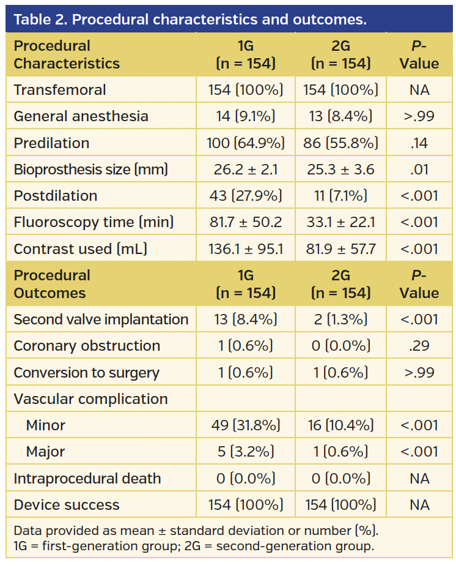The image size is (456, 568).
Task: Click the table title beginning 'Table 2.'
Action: pyautogui.click(x=190, y=19)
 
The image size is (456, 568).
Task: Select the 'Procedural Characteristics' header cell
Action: pyautogui.click(x=67, y=54)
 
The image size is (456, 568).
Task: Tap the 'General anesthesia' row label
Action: pyautogui.click(x=81, y=116)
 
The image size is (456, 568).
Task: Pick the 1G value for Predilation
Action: pyautogui.click(x=246, y=143)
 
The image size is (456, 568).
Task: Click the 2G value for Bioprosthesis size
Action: pyautogui.click(x=340, y=170)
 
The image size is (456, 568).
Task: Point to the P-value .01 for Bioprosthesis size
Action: pyautogui.click(x=419, y=170)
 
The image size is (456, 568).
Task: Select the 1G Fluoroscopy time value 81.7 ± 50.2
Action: pyautogui.click(x=246, y=222)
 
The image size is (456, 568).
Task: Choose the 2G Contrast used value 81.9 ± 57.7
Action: pyautogui.click(x=340, y=249)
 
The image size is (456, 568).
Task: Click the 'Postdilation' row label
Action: pyautogui.click(x=56, y=196)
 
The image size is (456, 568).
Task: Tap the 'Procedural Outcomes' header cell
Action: pyautogui.click(x=52, y=284)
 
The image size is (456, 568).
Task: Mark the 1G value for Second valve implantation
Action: pyautogui.click(x=246, y=319)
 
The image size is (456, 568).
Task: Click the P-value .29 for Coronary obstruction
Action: pyautogui.click(x=419, y=346)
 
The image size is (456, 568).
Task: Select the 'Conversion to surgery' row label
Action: pyautogui.click(x=86, y=373)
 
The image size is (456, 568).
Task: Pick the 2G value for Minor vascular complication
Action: pyautogui.click(x=340, y=425)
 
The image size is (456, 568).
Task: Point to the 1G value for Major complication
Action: pyautogui.click(x=246, y=452)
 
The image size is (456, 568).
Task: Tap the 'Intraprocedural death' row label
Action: pyautogui.click(x=87, y=479)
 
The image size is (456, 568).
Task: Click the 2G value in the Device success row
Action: pyautogui.click(x=340, y=505)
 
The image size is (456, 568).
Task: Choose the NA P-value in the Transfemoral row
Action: pyautogui.click(x=419, y=90)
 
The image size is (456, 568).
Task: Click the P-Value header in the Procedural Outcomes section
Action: pyautogui.click(x=419, y=284)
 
